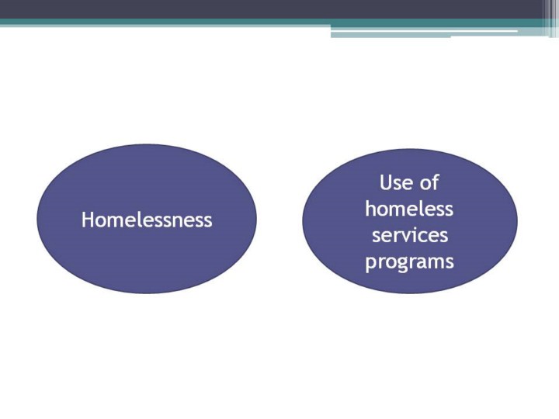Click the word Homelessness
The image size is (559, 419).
[147, 220]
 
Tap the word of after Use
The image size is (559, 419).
[429, 182]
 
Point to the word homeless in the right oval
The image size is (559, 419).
[409, 209]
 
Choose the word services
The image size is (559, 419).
[410, 236]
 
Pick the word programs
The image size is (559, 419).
[410, 262]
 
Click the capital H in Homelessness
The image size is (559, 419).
[88, 220]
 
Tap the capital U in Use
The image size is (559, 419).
[385, 182]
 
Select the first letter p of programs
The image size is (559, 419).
[370, 264]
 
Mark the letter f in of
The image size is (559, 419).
[435, 182]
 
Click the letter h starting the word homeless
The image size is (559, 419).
[370, 209]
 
